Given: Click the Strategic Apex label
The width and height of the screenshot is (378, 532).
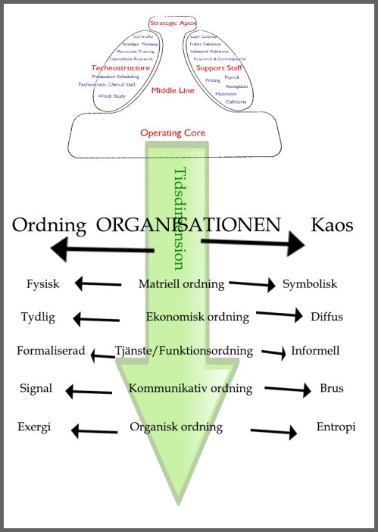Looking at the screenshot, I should point(173,23).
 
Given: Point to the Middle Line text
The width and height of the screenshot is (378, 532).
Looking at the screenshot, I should point(173,90).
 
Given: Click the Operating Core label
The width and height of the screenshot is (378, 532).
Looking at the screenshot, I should point(173,133).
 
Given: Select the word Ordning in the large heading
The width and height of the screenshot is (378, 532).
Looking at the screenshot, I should point(51,226).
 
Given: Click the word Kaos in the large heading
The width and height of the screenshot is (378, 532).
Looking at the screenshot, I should point(333,225).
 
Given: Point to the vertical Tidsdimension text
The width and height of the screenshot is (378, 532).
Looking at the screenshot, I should point(180,219).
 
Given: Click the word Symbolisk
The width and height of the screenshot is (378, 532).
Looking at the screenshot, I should point(310,285).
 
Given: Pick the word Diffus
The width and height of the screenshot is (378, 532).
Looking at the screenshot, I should point(326,317).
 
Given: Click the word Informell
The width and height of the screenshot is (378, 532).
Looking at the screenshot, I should point(315,352).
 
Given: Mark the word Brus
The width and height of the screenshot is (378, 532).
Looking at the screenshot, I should point(332,389).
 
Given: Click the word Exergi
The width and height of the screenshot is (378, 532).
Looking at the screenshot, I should point(34,427).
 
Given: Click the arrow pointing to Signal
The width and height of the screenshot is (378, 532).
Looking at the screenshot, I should point(89,391).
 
